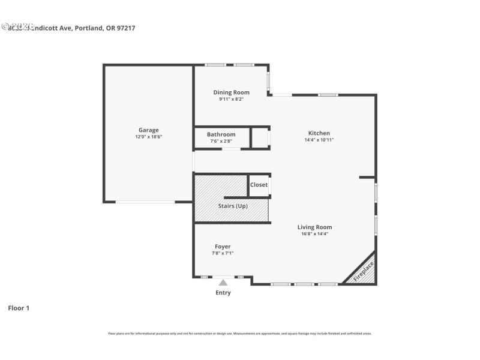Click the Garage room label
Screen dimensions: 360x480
click(x=149, y=130)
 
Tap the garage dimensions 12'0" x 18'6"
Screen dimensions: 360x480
click(x=149, y=137)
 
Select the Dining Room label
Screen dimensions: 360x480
click(x=232, y=92)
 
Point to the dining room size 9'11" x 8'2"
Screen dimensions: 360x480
click(x=232, y=99)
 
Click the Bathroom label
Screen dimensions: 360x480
click(x=221, y=134)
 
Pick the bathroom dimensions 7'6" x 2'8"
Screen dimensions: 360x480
click(x=221, y=141)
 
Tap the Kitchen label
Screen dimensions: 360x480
click(x=319, y=133)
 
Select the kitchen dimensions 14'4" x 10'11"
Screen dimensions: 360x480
click(x=319, y=140)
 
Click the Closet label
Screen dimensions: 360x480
click(x=259, y=185)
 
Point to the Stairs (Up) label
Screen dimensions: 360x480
click(x=233, y=206)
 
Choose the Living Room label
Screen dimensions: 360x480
click(x=315, y=227)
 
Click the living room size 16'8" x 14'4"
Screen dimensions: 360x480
click(x=315, y=234)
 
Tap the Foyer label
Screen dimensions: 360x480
click(x=223, y=247)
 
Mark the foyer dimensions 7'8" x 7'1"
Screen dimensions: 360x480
click(x=223, y=253)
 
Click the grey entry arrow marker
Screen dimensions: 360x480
click(x=223, y=281)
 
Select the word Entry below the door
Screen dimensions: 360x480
click(x=223, y=293)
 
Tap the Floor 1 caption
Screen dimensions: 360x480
click(x=19, y=308)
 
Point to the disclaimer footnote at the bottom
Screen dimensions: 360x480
click(x=240, y=333)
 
